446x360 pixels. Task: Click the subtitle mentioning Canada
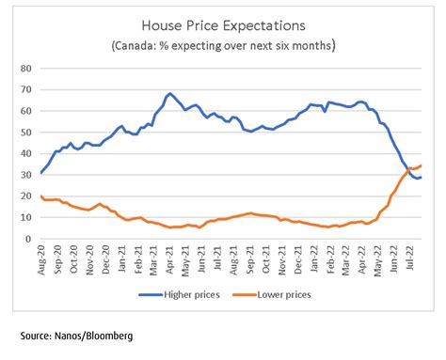coord(223,45)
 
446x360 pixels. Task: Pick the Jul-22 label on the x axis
coord(410,257)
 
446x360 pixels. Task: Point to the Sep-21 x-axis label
coord(248,257)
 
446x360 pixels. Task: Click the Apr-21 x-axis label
coord(167,257)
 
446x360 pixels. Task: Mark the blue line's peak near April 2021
coord(169,94)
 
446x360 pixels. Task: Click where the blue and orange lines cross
coord(406,169)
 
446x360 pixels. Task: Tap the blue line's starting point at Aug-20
coord(40,173)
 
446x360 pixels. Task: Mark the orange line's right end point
coord(421,165)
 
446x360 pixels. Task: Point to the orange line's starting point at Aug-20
coord(40,196)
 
